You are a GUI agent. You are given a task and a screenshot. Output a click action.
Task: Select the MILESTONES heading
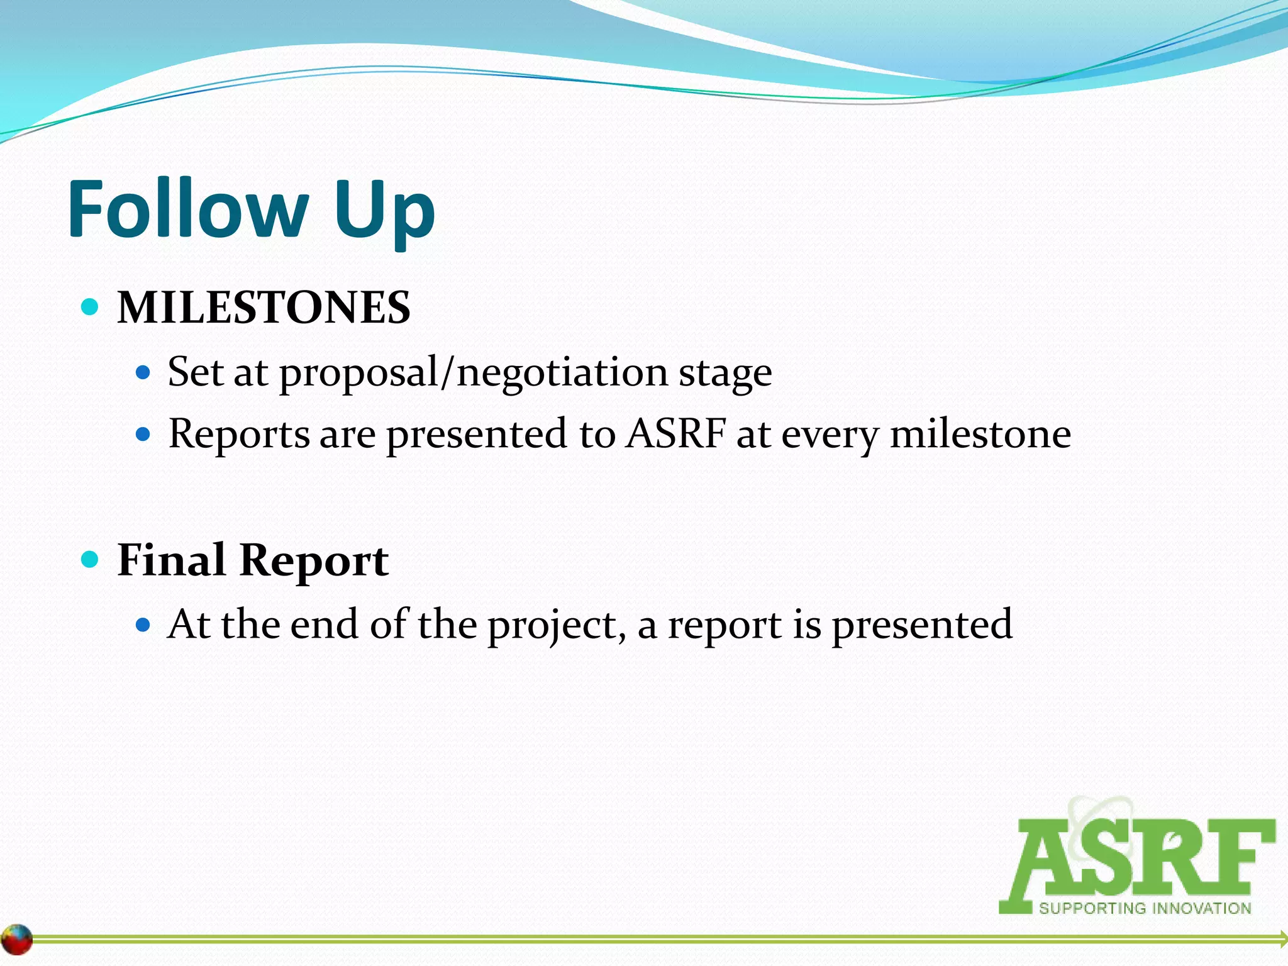coord(264,308)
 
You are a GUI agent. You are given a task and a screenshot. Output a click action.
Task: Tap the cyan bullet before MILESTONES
coord(91,308)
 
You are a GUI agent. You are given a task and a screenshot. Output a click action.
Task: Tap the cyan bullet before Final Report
coord(91,558)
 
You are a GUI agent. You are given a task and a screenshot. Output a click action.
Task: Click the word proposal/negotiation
coord(473,373)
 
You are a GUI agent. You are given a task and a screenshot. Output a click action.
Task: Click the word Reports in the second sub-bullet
coord(239,435)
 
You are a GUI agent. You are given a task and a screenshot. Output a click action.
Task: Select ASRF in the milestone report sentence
coord(675,433)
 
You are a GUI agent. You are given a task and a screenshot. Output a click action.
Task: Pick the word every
coord(830,436)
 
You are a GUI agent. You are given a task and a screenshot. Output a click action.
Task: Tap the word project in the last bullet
coord(557,626)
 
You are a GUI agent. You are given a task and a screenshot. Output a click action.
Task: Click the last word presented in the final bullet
coord(922,626)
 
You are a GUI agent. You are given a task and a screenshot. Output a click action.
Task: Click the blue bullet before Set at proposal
coord(143,373)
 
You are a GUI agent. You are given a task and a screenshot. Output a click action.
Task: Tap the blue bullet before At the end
coord(143,625)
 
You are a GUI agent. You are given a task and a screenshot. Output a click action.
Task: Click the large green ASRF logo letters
coord(1138,858)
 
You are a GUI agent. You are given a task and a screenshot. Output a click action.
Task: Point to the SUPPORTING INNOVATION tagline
coord(1145,908)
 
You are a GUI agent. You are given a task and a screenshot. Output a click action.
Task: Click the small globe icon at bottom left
coord(16,940)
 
